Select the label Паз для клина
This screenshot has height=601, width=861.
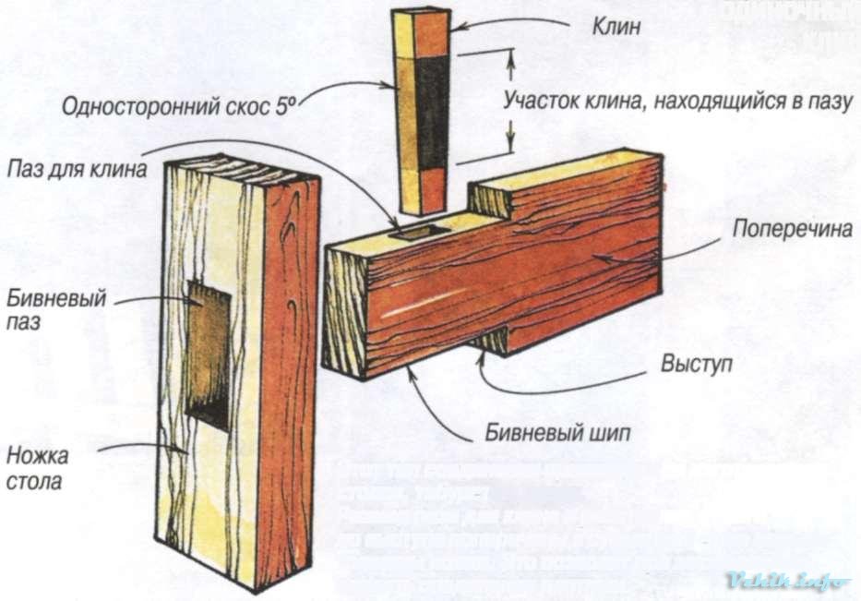pos(76,169)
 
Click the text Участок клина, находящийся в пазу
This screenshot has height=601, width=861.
pos(675,102)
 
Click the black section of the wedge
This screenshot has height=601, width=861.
pos(432,109)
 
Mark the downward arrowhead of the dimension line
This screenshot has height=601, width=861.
pos(508,148)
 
